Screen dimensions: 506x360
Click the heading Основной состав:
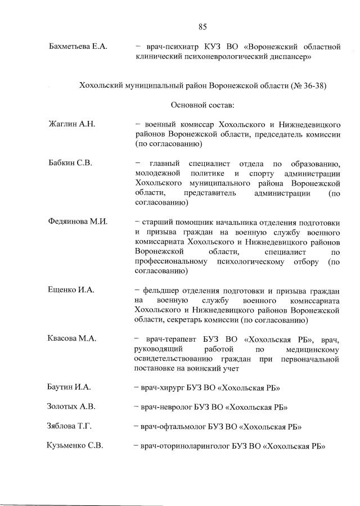point(202,105)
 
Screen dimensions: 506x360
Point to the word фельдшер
point(163,290)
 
